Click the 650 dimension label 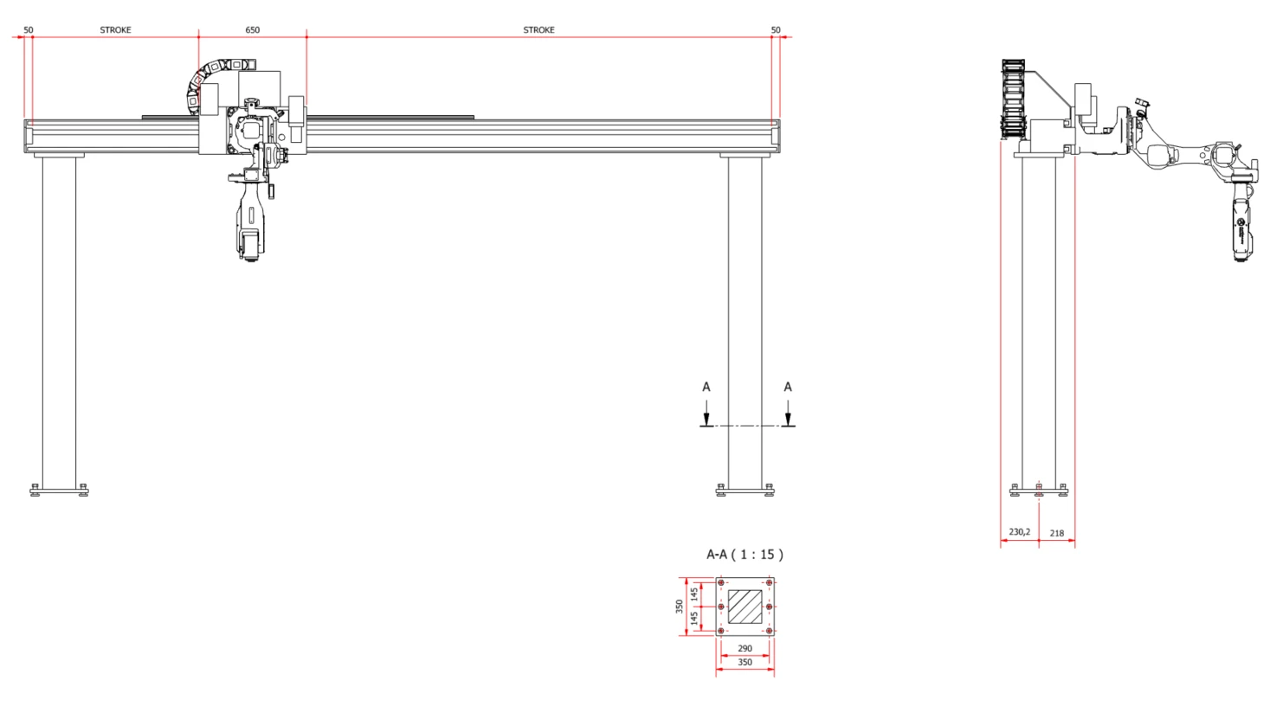coord(252,29)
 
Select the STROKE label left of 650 coord(115,29)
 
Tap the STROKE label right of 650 coord(538,29)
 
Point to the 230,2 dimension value coord(1020,532)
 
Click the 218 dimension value coord(1057,533)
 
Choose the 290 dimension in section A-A coord(745,648)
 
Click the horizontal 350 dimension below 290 coord(745,662)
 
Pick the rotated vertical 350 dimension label coord(680,607)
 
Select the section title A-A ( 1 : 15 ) coord(745,555)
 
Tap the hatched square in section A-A coord(745,607)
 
